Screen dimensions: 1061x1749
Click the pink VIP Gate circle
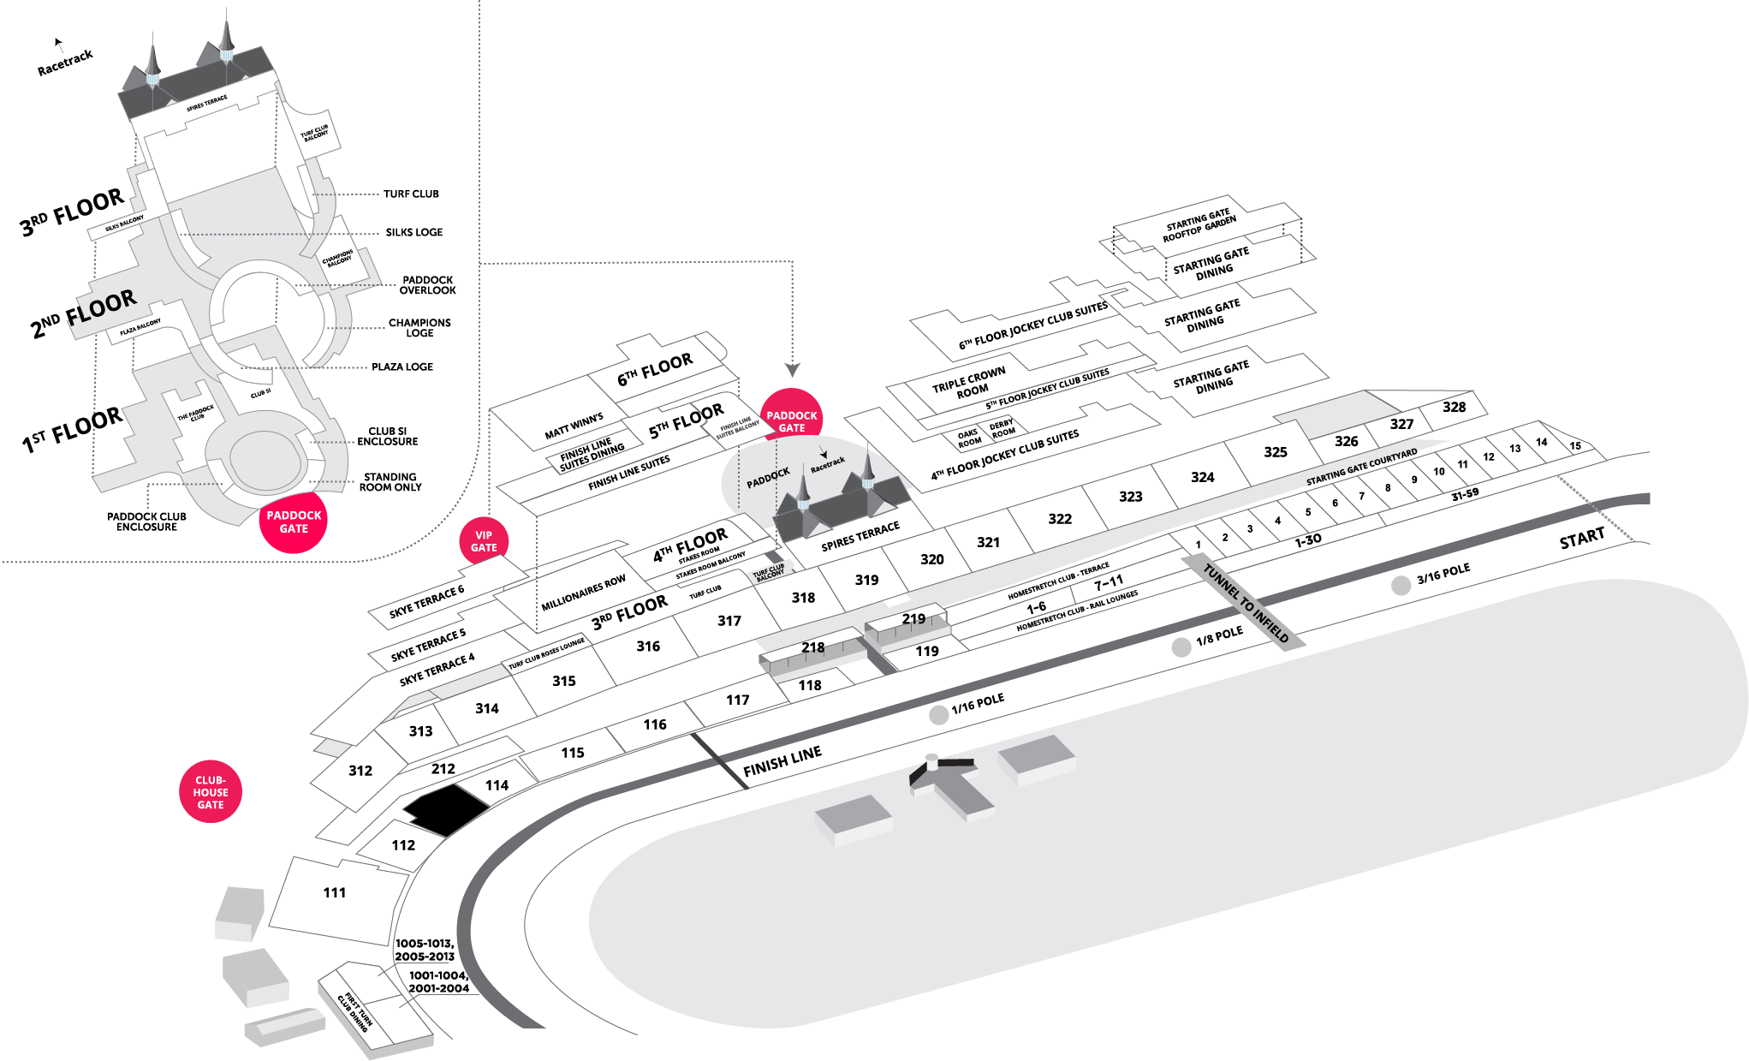point(484,541)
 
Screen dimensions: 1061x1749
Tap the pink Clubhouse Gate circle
point(211,792)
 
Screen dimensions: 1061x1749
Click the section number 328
point(1454,407)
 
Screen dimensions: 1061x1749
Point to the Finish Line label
point(782,760)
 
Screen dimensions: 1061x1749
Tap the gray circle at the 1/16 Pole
point(938,715)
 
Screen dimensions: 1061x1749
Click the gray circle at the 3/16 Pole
point(1401,586)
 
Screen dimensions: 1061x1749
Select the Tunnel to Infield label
point(1246,603)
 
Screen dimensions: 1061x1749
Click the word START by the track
point(1581,539)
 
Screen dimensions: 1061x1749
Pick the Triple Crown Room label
point(969,384)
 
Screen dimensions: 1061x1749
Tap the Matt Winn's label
point(574,426)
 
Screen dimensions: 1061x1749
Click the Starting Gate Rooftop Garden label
point(1199,225)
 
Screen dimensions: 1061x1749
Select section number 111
point(335,892)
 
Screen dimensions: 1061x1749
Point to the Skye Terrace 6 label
point(426,601)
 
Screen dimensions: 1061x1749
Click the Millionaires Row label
point(583,593)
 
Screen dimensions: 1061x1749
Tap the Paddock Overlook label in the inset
point(427,285)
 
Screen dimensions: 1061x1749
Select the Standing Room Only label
point(390,482)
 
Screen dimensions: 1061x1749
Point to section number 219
point(913,618)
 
